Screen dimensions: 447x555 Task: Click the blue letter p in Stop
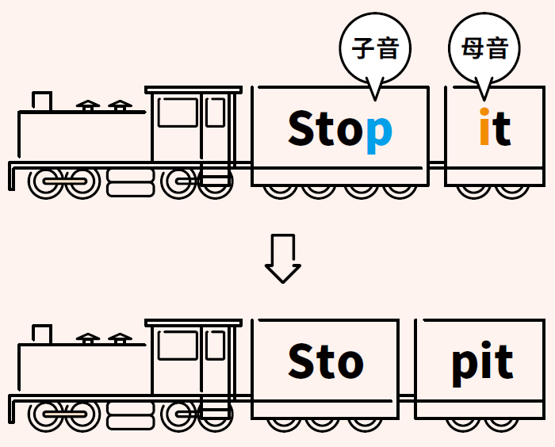point(378,132)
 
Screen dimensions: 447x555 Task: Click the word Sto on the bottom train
point(325,362)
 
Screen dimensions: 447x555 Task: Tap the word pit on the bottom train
point(482,363)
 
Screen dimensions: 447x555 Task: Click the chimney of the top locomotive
point(42,101)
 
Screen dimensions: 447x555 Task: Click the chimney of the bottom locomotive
point(42,334)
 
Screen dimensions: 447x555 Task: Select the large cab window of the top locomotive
point(178,113)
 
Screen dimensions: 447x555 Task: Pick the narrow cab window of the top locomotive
point(215,112)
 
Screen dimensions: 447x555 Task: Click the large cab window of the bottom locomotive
point(178,346)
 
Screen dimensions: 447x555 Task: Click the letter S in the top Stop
point(302,129)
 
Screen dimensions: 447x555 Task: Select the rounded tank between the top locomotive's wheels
point(130,183)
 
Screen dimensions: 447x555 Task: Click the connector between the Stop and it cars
point(437,163)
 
